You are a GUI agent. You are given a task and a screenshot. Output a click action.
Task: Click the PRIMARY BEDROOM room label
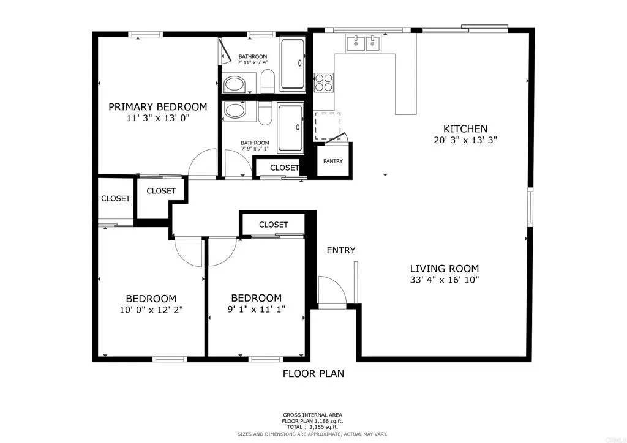[157, 106]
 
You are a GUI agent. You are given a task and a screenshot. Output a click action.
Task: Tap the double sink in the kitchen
[363, 43]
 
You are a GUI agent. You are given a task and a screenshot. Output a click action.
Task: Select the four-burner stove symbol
[324, 82]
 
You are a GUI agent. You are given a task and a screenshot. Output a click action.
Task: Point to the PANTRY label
[333, 162]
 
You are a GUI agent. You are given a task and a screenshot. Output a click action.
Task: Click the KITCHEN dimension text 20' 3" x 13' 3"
[465, 140]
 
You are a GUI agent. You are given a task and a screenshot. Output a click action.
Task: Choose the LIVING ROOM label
[444, 268]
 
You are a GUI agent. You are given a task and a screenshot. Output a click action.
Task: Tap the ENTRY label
[341, 250]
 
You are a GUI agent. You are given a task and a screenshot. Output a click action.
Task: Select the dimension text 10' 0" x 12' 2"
[151, 310]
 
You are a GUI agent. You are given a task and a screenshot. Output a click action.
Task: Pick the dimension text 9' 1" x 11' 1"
[255, 310]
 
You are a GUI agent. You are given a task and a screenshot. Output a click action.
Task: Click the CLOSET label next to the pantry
[285, 168]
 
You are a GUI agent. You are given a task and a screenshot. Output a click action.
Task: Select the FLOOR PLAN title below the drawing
[313, 373]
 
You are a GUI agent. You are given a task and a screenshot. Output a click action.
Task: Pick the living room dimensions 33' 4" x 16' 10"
[444, 280]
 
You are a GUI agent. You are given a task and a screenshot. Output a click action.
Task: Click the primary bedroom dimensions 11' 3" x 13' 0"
[157, 119]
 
